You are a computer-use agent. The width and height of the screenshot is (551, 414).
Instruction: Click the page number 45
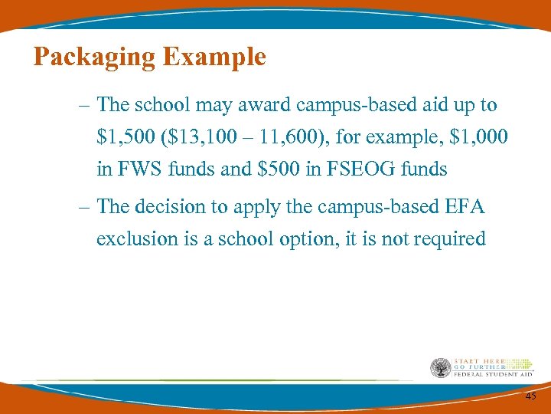pos(530,396)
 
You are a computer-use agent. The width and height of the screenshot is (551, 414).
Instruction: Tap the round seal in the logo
pos(441,368)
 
